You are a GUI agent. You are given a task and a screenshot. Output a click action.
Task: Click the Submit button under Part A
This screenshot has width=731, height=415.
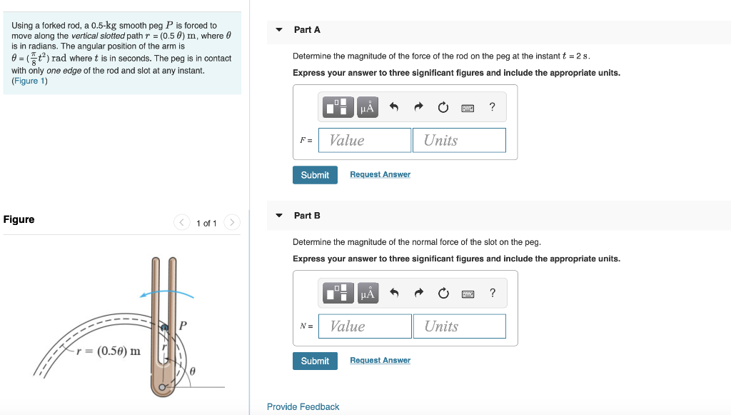point(315,175)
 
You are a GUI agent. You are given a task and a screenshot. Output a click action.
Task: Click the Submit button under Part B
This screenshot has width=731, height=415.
point(315,361)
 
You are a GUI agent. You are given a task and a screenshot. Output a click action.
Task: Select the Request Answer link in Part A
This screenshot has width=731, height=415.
point(380,175)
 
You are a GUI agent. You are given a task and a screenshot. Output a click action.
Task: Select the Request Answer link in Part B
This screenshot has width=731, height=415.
point(380,361)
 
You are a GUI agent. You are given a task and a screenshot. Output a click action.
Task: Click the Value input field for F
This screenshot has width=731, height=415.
point(365,140)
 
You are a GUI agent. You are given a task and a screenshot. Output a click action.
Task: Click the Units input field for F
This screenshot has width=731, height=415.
point(459,140)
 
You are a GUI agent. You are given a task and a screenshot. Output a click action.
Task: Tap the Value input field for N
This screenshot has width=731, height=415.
point(365,326)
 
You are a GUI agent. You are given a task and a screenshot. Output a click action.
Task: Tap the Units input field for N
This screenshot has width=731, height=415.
point(459,326)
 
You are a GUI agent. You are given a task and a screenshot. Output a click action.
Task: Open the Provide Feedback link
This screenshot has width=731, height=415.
point(303,406)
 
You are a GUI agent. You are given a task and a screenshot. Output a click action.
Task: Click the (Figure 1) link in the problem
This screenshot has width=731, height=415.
point(29,81)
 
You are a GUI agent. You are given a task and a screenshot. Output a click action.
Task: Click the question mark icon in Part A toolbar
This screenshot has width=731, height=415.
point(492,108)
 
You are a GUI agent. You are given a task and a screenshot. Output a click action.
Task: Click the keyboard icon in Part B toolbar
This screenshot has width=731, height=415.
point(468,294)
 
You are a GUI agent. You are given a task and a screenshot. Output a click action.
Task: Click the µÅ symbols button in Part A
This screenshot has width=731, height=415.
point(367,108)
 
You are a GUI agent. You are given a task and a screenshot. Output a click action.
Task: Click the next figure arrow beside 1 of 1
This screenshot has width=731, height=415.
point(231,223)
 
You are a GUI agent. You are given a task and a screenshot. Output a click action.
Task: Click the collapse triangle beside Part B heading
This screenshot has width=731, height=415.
point(279,216)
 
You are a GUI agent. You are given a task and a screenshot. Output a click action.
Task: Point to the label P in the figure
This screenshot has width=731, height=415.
point(183,325)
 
